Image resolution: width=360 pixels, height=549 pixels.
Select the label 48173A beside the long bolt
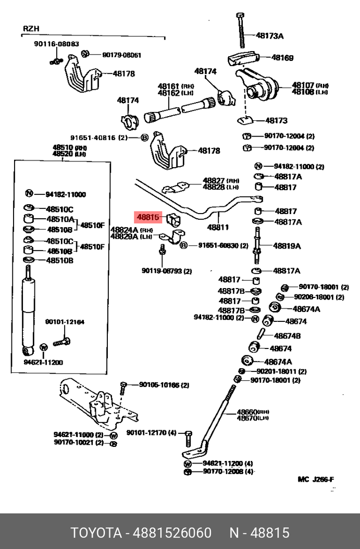[x=269, y=36]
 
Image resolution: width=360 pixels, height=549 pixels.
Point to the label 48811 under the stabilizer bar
[x=218, y=228]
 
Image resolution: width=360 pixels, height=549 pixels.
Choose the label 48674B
[x=287, y=336]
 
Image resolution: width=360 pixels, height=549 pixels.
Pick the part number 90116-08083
[x=57, y=44]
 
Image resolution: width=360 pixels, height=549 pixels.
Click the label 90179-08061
[x=121, y=55]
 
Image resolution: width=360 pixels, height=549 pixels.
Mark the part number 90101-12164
[x=65, y=322]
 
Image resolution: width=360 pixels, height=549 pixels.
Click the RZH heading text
[x=31, y=29]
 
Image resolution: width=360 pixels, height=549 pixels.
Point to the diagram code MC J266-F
[x=316, y=479]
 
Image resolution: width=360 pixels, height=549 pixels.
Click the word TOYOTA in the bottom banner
[x=95, y=533]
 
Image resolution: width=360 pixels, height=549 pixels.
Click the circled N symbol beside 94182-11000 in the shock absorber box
[x=30, y=194]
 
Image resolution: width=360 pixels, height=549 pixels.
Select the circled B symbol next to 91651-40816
[x=144, y=138]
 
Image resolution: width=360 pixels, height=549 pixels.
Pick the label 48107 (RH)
[x=303, y=85]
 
